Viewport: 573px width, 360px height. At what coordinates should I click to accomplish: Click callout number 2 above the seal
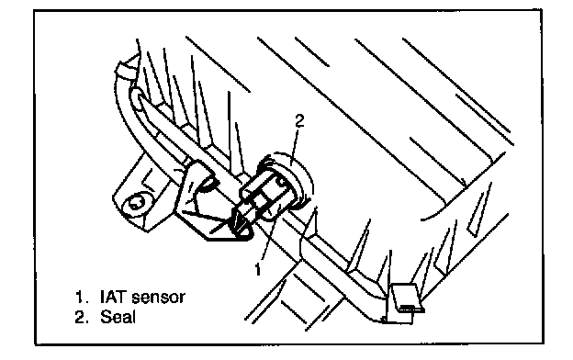point(299,121)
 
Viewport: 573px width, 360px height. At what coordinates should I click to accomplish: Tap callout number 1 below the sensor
point(258,269)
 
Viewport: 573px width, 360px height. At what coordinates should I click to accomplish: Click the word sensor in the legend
point(158,298)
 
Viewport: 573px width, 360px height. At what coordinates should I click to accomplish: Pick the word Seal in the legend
point(118,317)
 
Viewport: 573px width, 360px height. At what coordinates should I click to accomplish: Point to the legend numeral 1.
point(80,297)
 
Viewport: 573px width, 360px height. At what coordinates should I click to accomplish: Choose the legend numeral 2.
point(81,317)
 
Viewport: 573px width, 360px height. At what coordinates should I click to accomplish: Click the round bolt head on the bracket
point(135,204)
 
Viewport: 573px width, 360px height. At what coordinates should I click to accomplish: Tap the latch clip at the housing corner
point(403,303)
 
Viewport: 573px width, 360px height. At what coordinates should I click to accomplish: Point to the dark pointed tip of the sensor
point(240,222)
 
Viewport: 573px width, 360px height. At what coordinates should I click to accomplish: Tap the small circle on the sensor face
point(282,181)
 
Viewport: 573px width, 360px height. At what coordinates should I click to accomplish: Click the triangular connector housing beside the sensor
point(205,205)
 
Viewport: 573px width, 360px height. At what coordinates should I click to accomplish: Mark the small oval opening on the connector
point(208,185)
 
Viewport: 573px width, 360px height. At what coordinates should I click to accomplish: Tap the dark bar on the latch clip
point(410,308)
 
